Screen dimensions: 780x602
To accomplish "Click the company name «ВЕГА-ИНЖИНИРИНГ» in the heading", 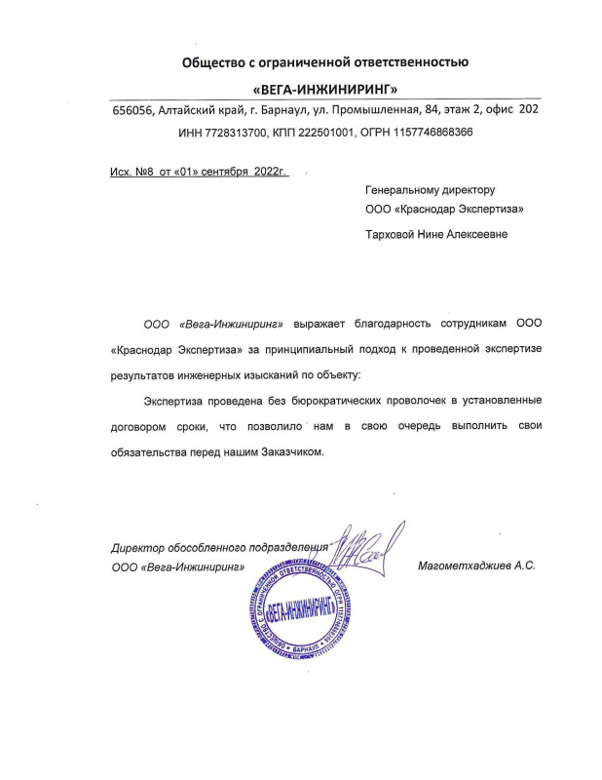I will (x=325, y=90).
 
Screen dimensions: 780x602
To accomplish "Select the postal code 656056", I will (x=132, y=111).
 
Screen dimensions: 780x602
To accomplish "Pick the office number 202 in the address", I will (x=529, y=111).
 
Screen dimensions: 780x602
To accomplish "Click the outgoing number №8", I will (x=146, y=173).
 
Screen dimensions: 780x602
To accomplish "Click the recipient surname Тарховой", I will (x=391, y=234).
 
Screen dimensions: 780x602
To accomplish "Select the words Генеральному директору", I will (x=431, y=189).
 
